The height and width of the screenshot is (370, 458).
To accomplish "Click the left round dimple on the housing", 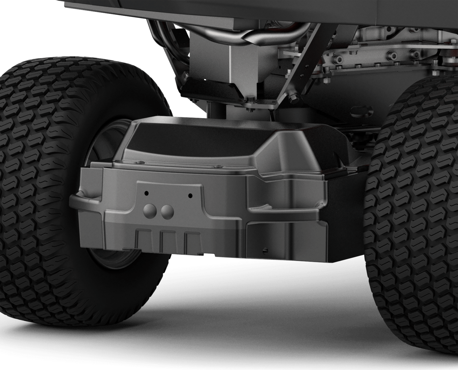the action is (149, 211).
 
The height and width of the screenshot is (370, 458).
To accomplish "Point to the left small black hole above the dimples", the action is (146, 193).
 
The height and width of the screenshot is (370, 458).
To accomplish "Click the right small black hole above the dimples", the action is (190, 195).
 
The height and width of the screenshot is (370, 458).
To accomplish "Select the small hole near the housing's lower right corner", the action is (265, 250).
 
